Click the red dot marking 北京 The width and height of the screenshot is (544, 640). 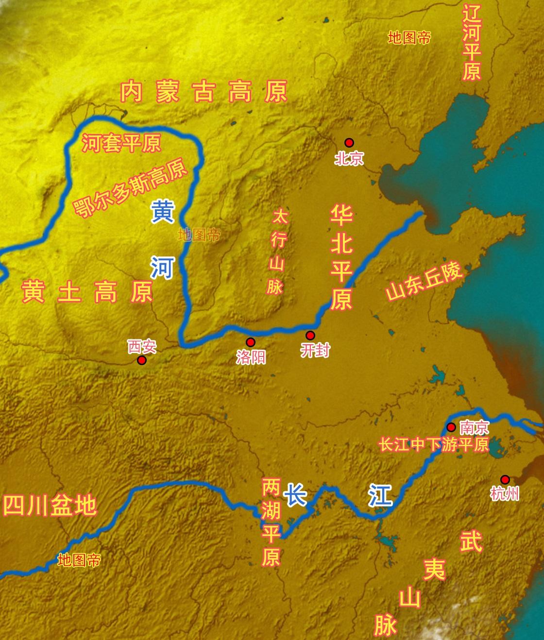[x=349, y=142]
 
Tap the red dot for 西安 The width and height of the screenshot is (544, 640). [x=141, y=360]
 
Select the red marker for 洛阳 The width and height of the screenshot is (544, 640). [x=251, y=342]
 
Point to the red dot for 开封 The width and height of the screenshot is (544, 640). [x=310, y=335]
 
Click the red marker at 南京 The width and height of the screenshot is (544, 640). [x=451, y=427]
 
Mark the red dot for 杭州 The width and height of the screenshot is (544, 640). [x=505, y=479]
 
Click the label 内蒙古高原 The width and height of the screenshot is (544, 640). [x=204, y=92]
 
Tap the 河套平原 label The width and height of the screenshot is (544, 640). [x=121, y=143]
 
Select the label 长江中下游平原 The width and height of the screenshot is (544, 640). [x=434, y=444]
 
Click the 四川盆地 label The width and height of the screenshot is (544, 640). [x=50, y=505]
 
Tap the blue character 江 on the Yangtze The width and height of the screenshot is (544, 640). [x=380, y=495]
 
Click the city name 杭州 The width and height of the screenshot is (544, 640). [x=505, y=494]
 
